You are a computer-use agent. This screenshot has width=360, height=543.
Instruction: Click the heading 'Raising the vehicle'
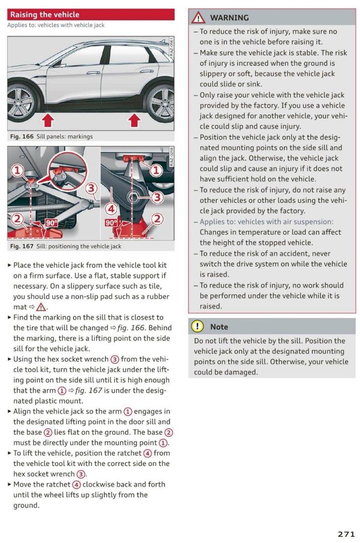point(45,15)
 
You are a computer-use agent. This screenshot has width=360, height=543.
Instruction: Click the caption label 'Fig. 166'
point(21,136)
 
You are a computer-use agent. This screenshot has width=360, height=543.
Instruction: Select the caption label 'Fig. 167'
point(21,246)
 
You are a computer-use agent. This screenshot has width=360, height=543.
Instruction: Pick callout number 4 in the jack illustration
point(111,208)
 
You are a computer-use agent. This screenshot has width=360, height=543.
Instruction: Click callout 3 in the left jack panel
point(91,189)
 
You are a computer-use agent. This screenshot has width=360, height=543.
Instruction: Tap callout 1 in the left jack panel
point(17,170)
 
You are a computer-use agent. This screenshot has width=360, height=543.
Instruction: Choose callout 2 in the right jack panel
point(157,218)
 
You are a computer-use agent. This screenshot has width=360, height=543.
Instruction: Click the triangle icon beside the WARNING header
point(199,18)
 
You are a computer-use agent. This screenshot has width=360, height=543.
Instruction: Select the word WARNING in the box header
point(229,18)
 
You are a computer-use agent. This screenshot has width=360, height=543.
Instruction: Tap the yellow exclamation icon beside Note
point(198,326)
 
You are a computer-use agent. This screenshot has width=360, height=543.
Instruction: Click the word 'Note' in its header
point(219,327)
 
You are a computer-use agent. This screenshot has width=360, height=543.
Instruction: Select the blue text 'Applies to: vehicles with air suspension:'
point(266,222)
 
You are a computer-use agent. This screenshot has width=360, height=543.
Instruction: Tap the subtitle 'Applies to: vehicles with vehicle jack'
point(56,25)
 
